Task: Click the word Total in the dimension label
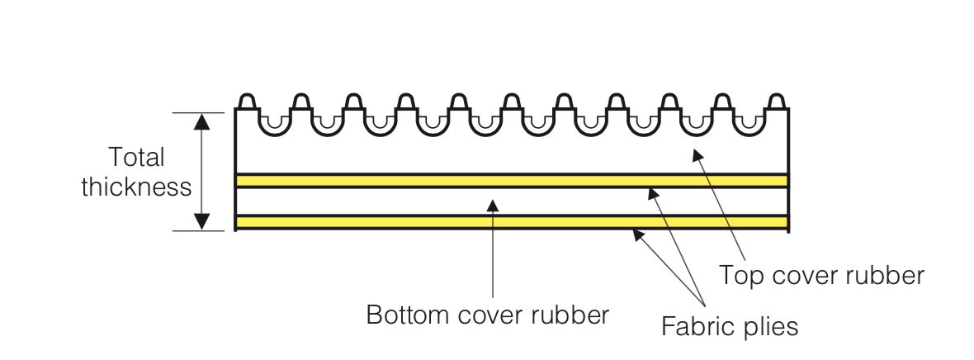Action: coord(136,157)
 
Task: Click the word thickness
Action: coord(136,187)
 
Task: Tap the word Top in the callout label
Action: coord(740,275)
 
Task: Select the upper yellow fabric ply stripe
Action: coord(512,180)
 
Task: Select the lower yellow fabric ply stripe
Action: coord(512,222)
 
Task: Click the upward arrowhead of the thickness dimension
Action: coord(201,121)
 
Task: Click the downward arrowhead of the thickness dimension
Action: coord(201,221)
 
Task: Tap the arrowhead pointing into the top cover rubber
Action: coord(698,155)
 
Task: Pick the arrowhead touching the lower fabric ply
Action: coord(638,235)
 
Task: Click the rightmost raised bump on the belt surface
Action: coord(775,100)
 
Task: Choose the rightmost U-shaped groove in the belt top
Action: coord(749,125)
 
